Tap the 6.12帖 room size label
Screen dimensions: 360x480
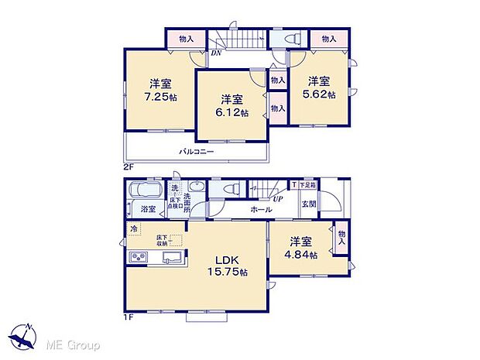233,112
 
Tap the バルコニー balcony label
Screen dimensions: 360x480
197,152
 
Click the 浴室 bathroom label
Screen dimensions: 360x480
148,209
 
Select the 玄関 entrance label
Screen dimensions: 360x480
308,204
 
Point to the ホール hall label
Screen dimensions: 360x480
261,209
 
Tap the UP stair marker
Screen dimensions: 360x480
277,199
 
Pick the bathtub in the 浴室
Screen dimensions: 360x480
143,190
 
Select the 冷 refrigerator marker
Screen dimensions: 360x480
133,228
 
